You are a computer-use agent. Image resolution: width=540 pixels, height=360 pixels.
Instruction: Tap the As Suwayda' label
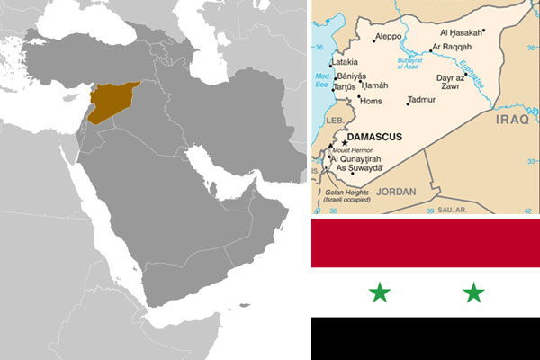(x=357, y=167)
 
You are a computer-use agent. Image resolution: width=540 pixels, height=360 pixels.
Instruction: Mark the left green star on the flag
(x=381, y=292)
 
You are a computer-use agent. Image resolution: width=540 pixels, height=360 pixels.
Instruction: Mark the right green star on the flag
(x=473, y=292)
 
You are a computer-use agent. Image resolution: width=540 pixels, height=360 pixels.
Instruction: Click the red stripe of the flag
(x=425, y=243)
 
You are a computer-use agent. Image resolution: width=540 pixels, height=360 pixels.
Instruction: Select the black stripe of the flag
(x=425, y=339)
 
